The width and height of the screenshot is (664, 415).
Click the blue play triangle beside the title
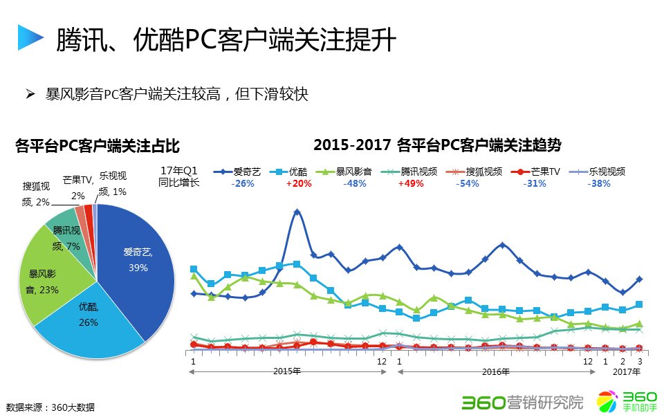click(x=30, y=38)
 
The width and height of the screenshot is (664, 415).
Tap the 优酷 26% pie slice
click(x=90, y=325)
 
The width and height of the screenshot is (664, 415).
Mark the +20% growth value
click(x=299, y=184)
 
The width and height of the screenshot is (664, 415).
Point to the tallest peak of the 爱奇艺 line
click(x=297, y=212)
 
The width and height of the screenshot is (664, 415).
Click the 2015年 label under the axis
click(x=287, y=372)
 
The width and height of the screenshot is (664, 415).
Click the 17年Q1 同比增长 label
click(x=178, y=177)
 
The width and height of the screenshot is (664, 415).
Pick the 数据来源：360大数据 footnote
click(x=50, y=407)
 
